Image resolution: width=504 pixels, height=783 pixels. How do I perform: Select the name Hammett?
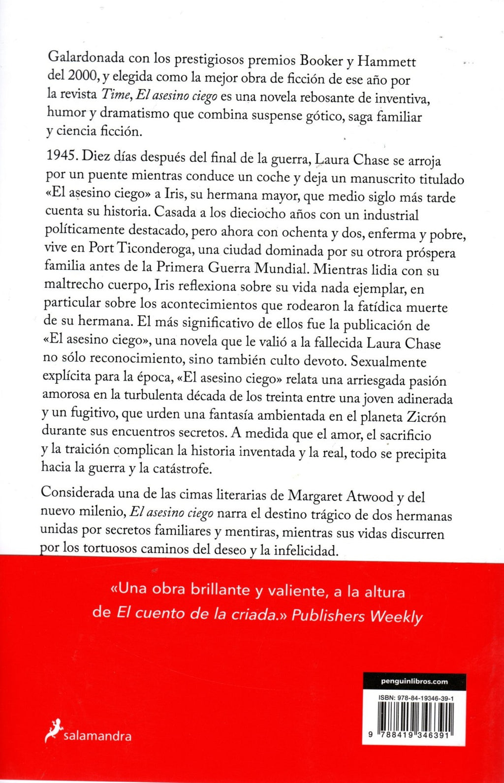tap(387, 62)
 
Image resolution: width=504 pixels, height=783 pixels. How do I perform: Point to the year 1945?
tap(61, 155)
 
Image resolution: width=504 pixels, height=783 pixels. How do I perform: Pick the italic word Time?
tap(116, 94)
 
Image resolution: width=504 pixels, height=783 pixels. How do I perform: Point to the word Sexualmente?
tap(388, 362)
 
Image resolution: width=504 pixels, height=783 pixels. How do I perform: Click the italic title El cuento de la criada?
tap(198, 614)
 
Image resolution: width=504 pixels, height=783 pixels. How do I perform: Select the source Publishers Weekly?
tap(357, 616)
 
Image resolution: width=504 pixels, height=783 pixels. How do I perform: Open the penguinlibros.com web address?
tap(414, 682)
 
